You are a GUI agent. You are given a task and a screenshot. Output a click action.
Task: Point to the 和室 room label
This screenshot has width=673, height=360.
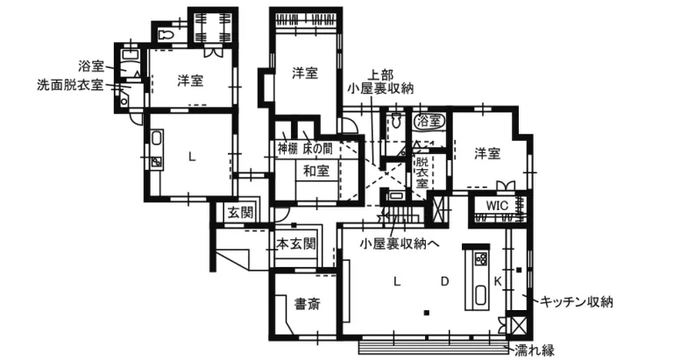316,171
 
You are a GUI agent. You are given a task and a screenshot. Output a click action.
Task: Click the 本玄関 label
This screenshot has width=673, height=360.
296,243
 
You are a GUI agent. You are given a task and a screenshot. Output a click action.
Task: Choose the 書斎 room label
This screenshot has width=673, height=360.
307,305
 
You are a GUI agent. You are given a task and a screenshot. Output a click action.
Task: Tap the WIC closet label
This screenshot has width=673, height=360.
497,206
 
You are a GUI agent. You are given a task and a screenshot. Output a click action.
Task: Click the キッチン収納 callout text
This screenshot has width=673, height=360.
577,302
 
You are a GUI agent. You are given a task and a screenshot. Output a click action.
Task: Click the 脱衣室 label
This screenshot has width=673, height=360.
422,173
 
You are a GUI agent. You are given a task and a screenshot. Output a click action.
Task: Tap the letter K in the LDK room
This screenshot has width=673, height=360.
498,281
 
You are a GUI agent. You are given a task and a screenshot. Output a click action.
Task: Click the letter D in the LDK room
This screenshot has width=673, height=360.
444,281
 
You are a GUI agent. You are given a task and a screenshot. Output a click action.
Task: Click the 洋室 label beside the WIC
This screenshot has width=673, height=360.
487,153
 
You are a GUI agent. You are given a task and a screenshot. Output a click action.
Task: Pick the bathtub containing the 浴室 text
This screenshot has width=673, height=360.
429,120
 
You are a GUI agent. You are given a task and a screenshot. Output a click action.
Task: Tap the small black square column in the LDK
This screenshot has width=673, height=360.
426,312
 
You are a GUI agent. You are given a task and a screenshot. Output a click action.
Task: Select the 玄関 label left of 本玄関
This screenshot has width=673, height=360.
240,212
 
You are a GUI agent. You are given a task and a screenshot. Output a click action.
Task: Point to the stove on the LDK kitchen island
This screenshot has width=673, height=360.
480,258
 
